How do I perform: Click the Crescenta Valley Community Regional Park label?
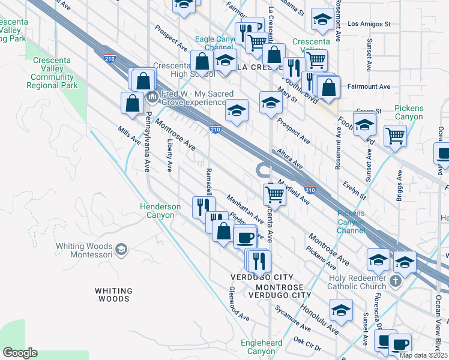point(52,73)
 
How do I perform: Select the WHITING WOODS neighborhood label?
point(113,295)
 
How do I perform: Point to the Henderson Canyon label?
point(160,211)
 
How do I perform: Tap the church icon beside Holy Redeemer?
point(396,281)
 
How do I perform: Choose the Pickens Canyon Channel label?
point(351,221)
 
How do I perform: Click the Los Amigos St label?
point(369,25)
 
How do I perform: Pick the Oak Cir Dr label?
point(308,343)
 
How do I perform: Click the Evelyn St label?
point(354,190)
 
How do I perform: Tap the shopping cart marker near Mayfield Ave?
point(274,193)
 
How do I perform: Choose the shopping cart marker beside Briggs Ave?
point(395,136)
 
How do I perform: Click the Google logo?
point(20,353)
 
